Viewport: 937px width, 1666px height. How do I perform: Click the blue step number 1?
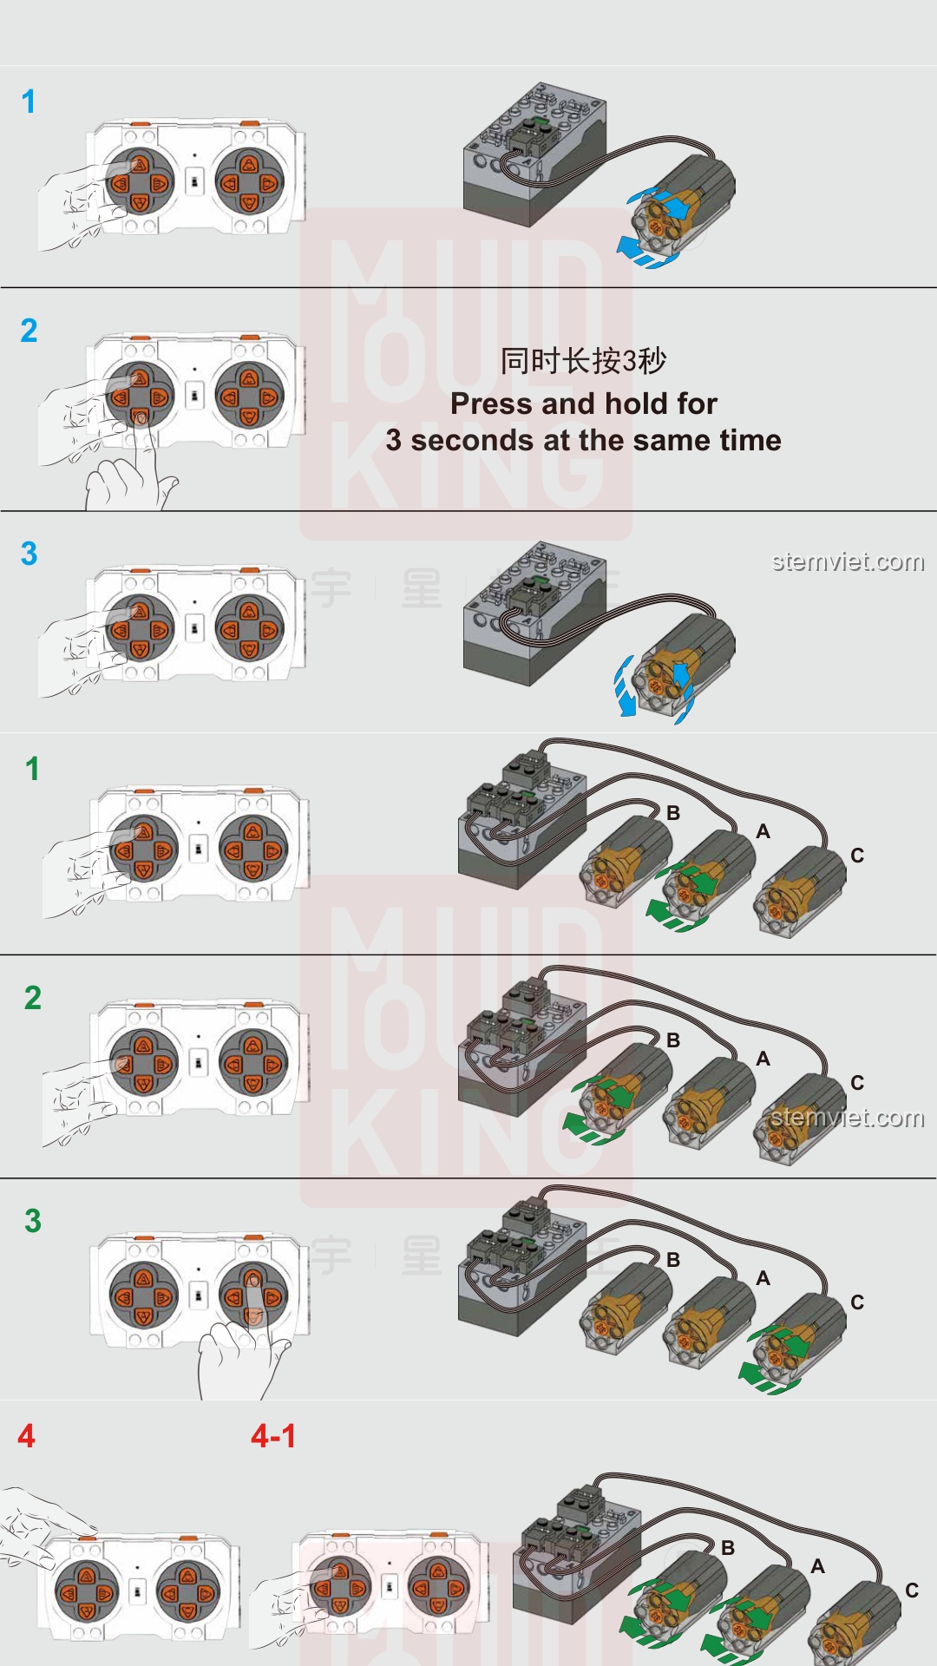pyautogui.click(x=29, y=102)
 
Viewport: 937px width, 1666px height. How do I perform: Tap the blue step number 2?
pyautogui.click(x=29, y=331)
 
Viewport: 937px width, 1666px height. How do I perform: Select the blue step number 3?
pyautogui.click(x=29, y=554)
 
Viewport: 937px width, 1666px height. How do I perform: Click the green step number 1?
pyautogui.click(x=32, y=769)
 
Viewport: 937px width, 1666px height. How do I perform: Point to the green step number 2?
pyautogui.click(x=33, y=998)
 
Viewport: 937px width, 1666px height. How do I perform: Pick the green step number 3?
pyautogui.click(x=33, y=1221)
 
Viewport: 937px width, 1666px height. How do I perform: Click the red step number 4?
pyautogui.click(x=27, y=1436)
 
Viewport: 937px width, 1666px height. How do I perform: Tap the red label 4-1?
pyautogui.click(x=273, y=1436)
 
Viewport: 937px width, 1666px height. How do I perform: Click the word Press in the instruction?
pyautogui.click(x=491, y=403)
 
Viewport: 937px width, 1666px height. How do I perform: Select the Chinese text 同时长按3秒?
pyautogui.click(x=583, y=361)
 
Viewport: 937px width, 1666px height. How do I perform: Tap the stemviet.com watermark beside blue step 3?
pyautogui.click(x=848, y=562)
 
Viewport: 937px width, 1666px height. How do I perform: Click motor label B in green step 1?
pyautogui.click(x=673, y=813)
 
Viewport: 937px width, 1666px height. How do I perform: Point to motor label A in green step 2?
pyautogui.click(x=763, y=1059)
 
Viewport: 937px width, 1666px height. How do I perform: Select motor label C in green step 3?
pyautogui.click(x=857, y=1302)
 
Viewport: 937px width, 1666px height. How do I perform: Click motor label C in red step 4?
pyautogui.click(x=912, y=1591)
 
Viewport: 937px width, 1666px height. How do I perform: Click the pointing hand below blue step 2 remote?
pyautogui.click(x=130, y=477)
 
